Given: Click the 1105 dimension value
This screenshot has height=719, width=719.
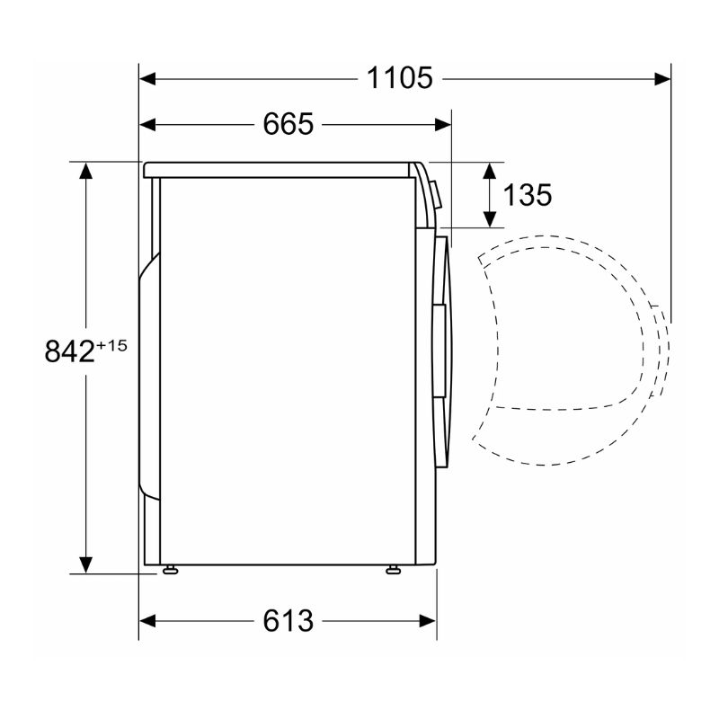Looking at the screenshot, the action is click(399, 78).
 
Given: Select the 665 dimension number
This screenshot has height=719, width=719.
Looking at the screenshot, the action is click(288, 124).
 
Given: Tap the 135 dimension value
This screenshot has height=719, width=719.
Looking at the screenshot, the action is click(528, 194).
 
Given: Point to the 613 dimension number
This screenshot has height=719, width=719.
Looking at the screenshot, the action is click(288, 621).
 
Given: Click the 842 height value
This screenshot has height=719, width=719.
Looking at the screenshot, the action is click(70, 351).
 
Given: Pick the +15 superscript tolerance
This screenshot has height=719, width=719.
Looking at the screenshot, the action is click(111, 345).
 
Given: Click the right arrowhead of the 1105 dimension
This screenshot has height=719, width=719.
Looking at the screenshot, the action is click(662, 79).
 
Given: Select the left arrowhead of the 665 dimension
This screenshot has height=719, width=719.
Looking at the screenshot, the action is click(147, 124).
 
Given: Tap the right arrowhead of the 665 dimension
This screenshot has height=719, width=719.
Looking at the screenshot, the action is click(442, 124).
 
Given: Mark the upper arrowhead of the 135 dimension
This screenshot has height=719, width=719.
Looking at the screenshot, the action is click(490, 171).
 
